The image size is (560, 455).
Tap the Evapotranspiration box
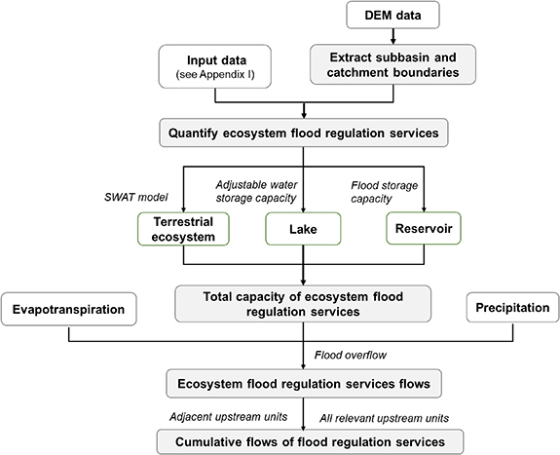(x=70, y=308)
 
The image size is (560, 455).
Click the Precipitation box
(x=514, y=308)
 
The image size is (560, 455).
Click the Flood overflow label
(x=341, y=356)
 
